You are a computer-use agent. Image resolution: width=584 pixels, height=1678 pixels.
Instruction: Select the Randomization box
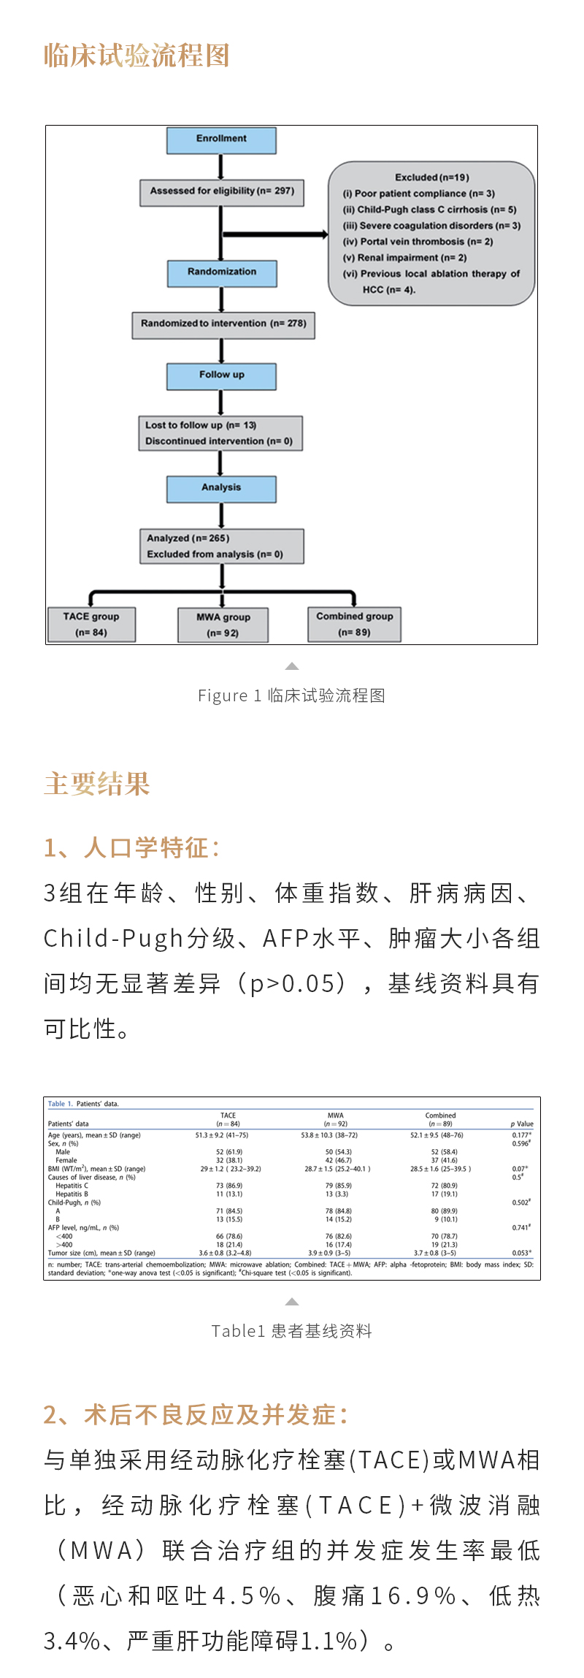coord(221,272)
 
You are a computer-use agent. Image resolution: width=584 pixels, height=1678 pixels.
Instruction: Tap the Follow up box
coord(221,375)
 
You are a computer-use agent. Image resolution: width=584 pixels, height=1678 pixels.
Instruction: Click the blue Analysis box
coord(221,488)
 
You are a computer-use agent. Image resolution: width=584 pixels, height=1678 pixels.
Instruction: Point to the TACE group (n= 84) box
coord(91,625)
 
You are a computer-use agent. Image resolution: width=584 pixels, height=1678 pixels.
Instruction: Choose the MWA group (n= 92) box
coord(223,625)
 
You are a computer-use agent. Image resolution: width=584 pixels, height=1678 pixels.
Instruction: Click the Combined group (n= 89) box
coord(354,625)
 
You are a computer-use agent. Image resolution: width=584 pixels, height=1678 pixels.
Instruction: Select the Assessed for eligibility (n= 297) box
coord(222,192)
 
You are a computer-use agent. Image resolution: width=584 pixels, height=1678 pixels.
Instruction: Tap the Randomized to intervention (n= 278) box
coord(223,324)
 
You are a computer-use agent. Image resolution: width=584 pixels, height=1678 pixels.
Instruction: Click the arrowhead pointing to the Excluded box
coord(323,234)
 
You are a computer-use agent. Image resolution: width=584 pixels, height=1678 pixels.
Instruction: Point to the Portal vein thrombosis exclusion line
coord(418,242)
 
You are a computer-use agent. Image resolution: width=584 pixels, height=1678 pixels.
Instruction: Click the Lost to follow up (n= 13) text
coord(201,425)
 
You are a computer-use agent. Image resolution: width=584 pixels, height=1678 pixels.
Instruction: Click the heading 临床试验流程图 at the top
coord(137,56)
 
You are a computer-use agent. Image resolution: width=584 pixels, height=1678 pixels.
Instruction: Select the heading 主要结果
coord(96,784)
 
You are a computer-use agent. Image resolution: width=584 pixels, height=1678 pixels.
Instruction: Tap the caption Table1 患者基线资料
coord(292,1331)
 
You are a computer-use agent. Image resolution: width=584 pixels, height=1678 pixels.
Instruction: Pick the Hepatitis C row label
coord(72,1186)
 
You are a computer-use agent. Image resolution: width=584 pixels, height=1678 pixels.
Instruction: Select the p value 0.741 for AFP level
coord(520,1228)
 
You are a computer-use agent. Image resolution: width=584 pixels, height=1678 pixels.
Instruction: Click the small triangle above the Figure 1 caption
coord(292,666)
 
